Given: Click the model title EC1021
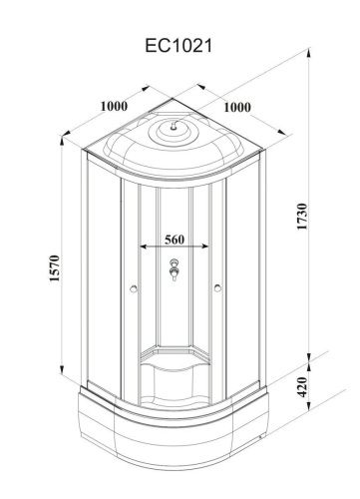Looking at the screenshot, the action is click(179, 46).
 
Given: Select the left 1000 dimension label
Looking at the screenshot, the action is click(114, 106).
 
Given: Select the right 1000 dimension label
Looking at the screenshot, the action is click(237, 107).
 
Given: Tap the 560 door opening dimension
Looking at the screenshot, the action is click(175, 240).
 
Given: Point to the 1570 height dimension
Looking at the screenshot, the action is click(54, 268).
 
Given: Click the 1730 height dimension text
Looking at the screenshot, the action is click(302, 217).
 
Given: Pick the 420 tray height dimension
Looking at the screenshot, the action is click(302, 386).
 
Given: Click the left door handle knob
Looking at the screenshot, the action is click(134, 288).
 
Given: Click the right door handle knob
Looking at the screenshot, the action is click(217, 288).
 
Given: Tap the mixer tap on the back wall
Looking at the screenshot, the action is click(174, 269).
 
